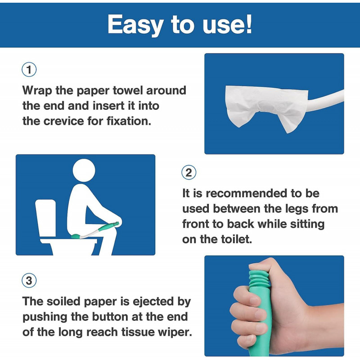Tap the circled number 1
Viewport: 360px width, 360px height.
[x=29, y=70]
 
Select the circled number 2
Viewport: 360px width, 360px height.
[x=189, y=173]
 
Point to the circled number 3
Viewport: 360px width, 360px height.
[x=29, y=281]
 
